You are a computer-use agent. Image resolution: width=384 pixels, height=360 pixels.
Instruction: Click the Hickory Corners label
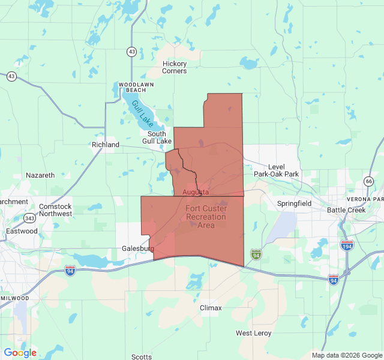pyautogui.click(x=175, y=67)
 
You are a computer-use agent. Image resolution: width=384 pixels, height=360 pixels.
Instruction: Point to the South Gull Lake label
pyautogui.click(x=157, y=137)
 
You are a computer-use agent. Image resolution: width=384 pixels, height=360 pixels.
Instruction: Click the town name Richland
pyautogui.click(x=106, y=145)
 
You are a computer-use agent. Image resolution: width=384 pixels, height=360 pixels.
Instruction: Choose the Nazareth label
pyautogui.click(x=40, y=175)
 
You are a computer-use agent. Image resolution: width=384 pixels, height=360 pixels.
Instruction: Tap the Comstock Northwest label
pyautogui.click(x=55, y=210)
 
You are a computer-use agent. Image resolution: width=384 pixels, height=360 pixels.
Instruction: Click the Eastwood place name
pyautogui.click(x=22, y=231)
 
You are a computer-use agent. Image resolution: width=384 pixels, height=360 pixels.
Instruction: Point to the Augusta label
pyautogui.click(x=196, y=192)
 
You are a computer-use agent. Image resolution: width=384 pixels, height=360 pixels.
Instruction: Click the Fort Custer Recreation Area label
pyautogui.click(x=206, y=217)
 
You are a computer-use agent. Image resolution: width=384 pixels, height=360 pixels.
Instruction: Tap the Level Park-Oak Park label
pyautogui.click(x=276, y=170)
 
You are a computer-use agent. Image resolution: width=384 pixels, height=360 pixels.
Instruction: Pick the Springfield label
pyautogui.click(x=294, y=203)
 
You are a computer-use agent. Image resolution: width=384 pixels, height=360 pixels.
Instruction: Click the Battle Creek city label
pyautogui.click(x=346, y=210)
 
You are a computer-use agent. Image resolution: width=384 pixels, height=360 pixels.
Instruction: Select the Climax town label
pyautogui.click(x=211, y=308)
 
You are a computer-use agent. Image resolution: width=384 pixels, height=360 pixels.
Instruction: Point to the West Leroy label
pyautogui.click(x=253, y=333)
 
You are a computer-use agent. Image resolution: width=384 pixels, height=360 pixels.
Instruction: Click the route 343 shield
pyautogui.click(x=29, y=218)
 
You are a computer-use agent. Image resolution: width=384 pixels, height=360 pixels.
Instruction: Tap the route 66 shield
pyautogui.click(x=368, y=181)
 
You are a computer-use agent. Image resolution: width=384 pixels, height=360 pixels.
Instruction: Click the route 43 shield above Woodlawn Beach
pyautogui.click(x=131, y=52)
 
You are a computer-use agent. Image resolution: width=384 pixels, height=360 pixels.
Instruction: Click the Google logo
pyautogui.click(x=20, y=353)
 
